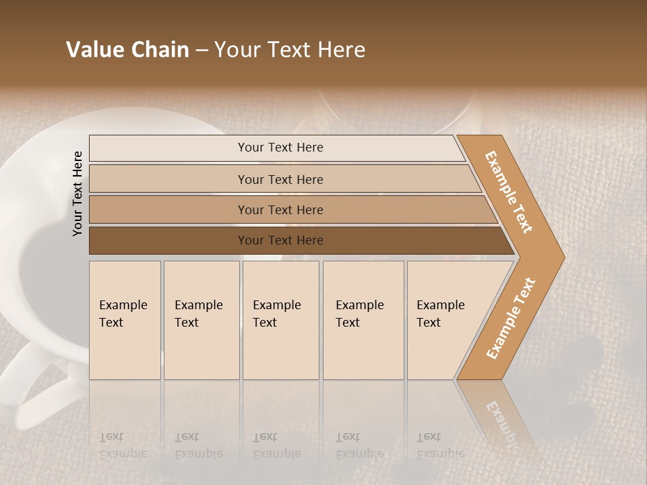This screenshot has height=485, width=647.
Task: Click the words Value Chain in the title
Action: click(x=127, y=50)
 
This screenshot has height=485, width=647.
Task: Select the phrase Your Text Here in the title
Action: click(x=290, y=50)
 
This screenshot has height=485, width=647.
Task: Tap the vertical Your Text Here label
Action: click(x=78, y=193)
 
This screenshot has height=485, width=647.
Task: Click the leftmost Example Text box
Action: click(x=125, y=320)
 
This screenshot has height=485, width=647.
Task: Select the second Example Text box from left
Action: click(x=201, y=320)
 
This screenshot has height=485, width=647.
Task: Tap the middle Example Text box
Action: click(x=280, y=320)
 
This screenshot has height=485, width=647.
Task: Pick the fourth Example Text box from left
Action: click(x=363, y=320)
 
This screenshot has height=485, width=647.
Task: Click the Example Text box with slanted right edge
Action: click(x=445, y=320)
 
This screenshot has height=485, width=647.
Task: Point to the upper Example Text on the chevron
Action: click(x=509, y=192)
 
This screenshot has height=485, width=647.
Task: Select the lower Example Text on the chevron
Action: click(x=511, y=318)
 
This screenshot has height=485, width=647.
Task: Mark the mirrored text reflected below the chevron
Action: click(x=502, y=418)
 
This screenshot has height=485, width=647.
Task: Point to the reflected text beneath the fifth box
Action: click(x=441, y=445)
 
